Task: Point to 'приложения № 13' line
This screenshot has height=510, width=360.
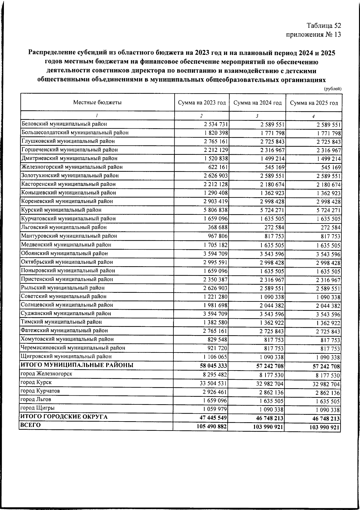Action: [313, 34]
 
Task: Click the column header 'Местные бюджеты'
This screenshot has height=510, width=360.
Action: [97, 103]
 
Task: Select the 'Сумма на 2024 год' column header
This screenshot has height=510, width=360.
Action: [257, 103]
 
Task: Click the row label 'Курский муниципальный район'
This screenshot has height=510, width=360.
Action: [61, 210]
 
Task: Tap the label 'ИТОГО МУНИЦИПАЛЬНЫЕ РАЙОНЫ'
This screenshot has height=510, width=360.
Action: [77, 365]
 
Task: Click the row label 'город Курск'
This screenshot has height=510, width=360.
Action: [36, 382]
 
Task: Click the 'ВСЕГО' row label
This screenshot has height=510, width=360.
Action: [30, 425]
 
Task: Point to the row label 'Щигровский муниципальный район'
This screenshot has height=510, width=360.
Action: [66, 356]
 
